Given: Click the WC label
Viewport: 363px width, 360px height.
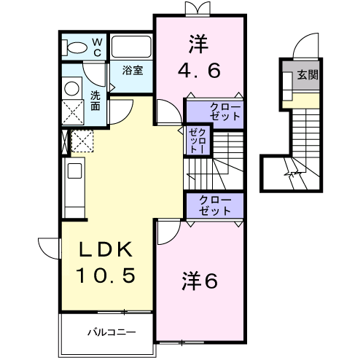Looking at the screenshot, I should click(x=96, y=47).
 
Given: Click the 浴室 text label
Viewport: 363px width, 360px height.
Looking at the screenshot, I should click(x=132, y=71).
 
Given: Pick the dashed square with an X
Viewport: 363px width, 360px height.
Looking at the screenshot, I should click(x=73, y=112).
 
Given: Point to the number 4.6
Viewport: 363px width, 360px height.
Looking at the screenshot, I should click(x=199, y=71).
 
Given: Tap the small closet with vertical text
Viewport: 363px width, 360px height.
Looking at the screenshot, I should click(x=198, y=140).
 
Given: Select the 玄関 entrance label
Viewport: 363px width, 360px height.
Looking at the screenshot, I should click(x=307, y=75).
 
